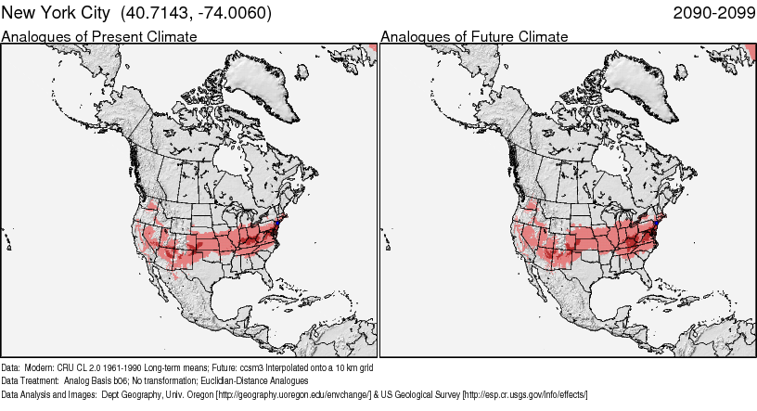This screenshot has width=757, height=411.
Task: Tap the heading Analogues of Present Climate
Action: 99,37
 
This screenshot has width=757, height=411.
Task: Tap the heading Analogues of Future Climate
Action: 474,37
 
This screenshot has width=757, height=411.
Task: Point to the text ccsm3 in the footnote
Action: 234,367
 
